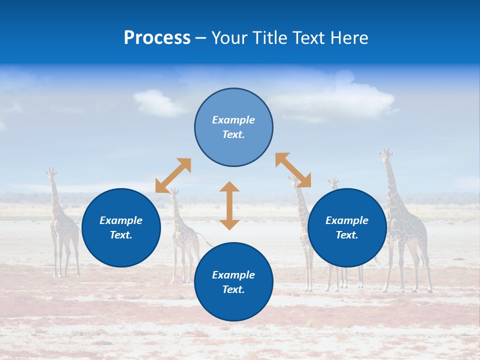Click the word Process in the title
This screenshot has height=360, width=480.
tap(157, 38)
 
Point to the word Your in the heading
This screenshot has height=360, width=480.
tap(229, 38)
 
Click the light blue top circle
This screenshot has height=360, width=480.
tap(233, 127)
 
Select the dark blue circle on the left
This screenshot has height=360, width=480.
tap(121, 228)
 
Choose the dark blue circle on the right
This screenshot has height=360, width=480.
tap(347, 228)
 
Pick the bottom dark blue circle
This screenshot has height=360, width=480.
tap(233, 282)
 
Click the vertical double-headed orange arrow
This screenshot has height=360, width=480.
tap(229, 205)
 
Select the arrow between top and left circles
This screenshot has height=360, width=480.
tap(173, 175)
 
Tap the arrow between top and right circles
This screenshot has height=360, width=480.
tap(293, 170)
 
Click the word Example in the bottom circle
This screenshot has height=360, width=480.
tap(233, 275)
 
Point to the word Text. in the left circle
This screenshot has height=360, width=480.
tap(121, 235)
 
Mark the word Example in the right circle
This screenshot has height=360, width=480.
tap(347, 220)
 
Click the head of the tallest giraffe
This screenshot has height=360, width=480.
tap(385, 153)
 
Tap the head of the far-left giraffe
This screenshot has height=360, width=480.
tap(50, 173)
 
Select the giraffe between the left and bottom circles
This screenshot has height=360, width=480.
tap(182, 235)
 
